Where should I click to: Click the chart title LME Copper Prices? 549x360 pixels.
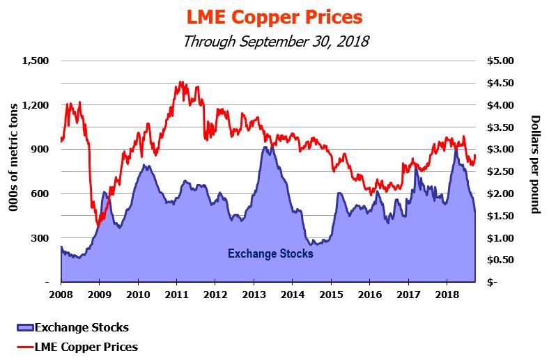(274, 16)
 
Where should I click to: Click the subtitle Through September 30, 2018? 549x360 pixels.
(274, 40)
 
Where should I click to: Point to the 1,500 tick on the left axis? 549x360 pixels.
(35, 61)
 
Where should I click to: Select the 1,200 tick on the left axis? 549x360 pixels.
(35, 105)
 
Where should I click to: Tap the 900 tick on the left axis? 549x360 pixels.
(39, 149)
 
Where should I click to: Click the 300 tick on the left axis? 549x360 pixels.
(39, 238)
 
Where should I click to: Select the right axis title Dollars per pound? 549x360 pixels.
(535, 164)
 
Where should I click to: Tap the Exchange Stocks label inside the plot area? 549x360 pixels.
(270, 253)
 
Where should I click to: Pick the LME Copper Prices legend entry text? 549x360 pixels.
(86, 346)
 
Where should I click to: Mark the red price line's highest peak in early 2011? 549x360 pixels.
(181, 82)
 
